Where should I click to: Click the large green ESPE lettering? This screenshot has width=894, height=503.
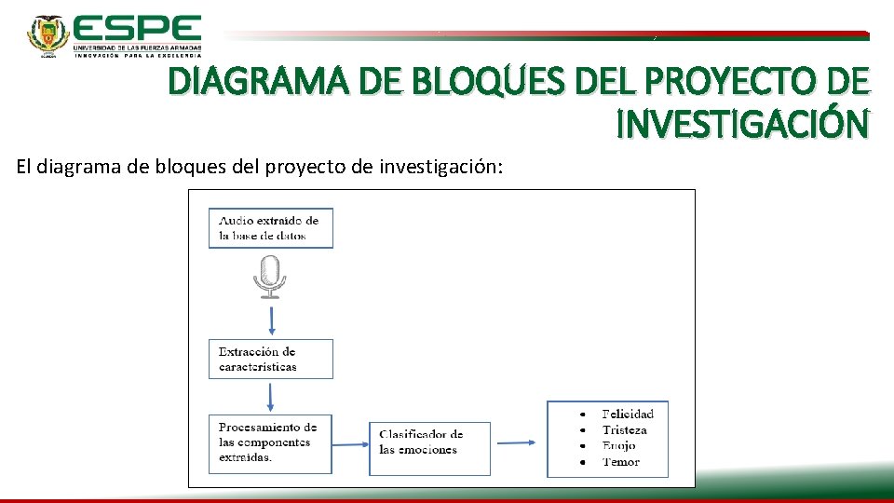[x=137, y=27]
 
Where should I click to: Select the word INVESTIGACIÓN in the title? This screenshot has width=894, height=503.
[x=743, y=123]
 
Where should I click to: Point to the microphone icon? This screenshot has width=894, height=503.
[x=270, y=277]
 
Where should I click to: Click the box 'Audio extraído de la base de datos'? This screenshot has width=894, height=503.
[x=271, y=228]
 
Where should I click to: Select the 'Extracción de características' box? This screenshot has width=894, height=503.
[x=271, y=359]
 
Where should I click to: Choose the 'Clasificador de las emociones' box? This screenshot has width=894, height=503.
[x=429, y=443]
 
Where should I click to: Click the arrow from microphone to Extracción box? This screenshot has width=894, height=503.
[x=271, y=319]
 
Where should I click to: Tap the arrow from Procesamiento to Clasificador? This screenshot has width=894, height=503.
[x=352, y=444]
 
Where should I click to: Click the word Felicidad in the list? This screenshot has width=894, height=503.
[x=628, y=414]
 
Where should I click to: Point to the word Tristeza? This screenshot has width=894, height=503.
[x=624, y=430]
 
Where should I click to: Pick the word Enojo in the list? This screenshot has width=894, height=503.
[x=618, y=446]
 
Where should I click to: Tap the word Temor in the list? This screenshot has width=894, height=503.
[x=620, y=462]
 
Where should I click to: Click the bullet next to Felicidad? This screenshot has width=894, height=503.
[x=582, y=414]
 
